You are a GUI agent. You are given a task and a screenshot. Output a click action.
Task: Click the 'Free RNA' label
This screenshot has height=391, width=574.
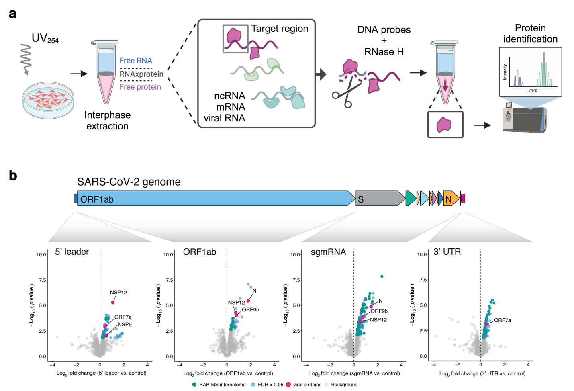[x=136, y=61]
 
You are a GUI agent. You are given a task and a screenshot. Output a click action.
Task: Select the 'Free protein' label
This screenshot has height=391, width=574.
[x=140, y=87]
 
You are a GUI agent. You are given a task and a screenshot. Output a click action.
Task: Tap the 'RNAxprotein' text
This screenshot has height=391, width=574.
[x=141, y=74]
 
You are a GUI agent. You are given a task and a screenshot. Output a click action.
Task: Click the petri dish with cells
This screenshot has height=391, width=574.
[x=48, y=100]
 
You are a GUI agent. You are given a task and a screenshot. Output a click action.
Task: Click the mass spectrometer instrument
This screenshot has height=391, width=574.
[x=524, y=119]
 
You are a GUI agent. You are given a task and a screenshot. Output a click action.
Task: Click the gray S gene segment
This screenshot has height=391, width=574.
[x=380, y=199]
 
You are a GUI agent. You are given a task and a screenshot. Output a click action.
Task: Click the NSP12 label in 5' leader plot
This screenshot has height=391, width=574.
[x=118, y=292]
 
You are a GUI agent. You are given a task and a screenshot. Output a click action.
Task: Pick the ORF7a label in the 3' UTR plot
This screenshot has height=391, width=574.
[x=503, y=320]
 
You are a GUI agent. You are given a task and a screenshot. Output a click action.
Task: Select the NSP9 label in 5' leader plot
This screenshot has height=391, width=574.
[x=125, y=324]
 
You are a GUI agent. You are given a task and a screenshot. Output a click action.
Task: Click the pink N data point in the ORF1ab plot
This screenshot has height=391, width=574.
[x=248, y=301]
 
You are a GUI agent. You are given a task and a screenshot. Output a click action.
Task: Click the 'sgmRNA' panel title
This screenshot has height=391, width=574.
[x=328, y=252]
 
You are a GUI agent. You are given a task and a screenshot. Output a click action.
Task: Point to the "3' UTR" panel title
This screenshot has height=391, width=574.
[x=447, y=252]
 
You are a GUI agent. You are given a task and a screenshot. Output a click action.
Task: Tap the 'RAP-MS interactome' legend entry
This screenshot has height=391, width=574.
[x=222, y=385]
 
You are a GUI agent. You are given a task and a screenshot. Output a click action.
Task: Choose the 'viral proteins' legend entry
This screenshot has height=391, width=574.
[x=307, y=385]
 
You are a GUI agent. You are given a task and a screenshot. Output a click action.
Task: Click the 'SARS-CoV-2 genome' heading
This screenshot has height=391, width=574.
[x=129, y=182]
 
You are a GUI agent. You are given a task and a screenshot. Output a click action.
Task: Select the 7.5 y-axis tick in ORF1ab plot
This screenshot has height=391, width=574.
[x=169, y=280]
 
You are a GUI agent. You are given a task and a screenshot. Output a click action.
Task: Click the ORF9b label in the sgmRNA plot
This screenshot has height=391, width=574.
[x=379, y=311]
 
